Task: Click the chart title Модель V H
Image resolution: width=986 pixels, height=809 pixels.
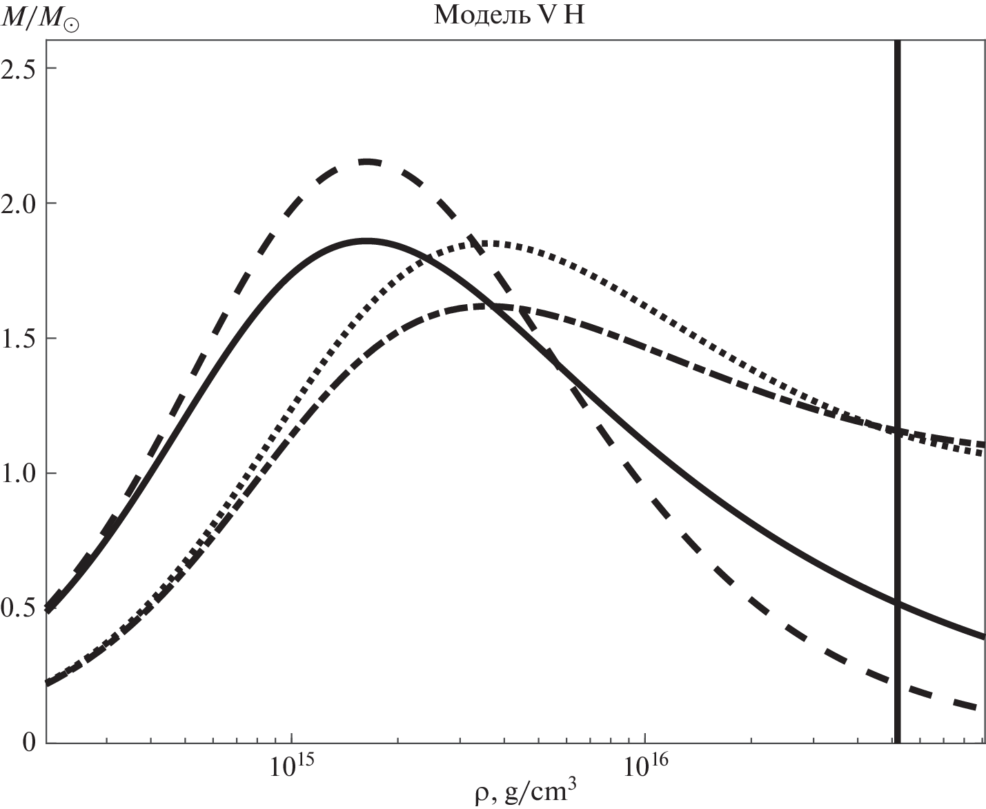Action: [x=509, y=15]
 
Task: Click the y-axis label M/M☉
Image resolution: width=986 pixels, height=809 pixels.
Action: [x=41, y=16]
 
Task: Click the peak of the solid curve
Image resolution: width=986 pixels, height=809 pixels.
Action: [x=367, y=241]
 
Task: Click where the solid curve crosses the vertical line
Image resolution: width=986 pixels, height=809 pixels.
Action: [x=898, y=604]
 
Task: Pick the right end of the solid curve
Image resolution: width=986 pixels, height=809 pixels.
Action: [x=983, y=636]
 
